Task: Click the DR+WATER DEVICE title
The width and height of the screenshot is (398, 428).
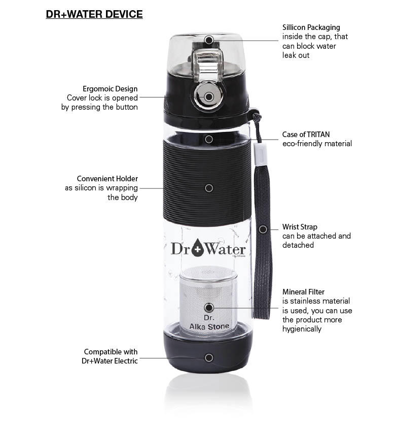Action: (x=94, y=14)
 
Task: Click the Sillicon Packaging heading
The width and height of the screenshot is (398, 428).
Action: (x=311, y=27)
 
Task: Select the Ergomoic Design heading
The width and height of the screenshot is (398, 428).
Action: (x=110, y=89)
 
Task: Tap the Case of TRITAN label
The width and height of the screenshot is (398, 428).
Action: (x=306, y=135)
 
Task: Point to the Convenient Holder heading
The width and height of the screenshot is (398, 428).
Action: (x=107, y=179)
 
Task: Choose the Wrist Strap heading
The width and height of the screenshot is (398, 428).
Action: (x=300, y=227)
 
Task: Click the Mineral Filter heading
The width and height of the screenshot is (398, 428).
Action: (x=303, y=292)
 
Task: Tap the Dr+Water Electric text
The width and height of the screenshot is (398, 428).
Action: (x=110, y=361)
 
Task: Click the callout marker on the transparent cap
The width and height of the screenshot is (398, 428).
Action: (x=209, y=40)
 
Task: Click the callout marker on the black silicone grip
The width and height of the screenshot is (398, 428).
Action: (x=209, y=188)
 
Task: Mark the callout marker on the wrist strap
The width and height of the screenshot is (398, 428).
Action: (x=263, y=229)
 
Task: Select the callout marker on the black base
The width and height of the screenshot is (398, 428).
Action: (x=209, y=357)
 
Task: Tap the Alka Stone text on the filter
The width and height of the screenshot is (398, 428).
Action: (x=209, y=326)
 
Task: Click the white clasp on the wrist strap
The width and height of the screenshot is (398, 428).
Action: (x=259, y=155)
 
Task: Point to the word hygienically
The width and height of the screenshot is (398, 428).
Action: (x=302, y=329)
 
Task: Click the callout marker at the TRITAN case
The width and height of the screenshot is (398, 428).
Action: (x=209, y=139)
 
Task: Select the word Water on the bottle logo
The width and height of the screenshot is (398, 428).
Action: (x=225, y=249)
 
